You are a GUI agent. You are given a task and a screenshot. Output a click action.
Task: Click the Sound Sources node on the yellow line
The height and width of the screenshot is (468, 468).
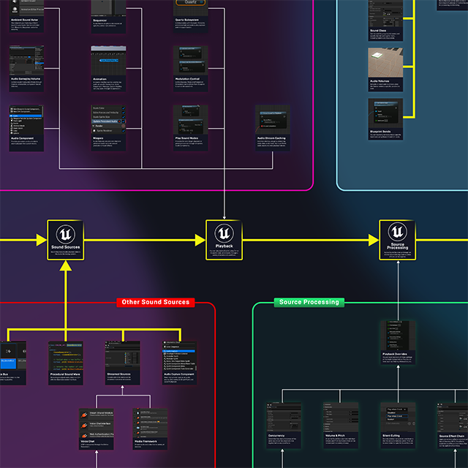[x=66, y=240]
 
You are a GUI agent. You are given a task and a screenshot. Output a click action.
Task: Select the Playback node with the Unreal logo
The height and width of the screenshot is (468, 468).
[x=224, y=240]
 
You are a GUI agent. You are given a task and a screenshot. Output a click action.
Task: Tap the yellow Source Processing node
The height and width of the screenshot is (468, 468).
[x=397, y=240]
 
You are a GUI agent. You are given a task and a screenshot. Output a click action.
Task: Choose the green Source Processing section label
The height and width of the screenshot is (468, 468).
[x=309, y=302]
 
